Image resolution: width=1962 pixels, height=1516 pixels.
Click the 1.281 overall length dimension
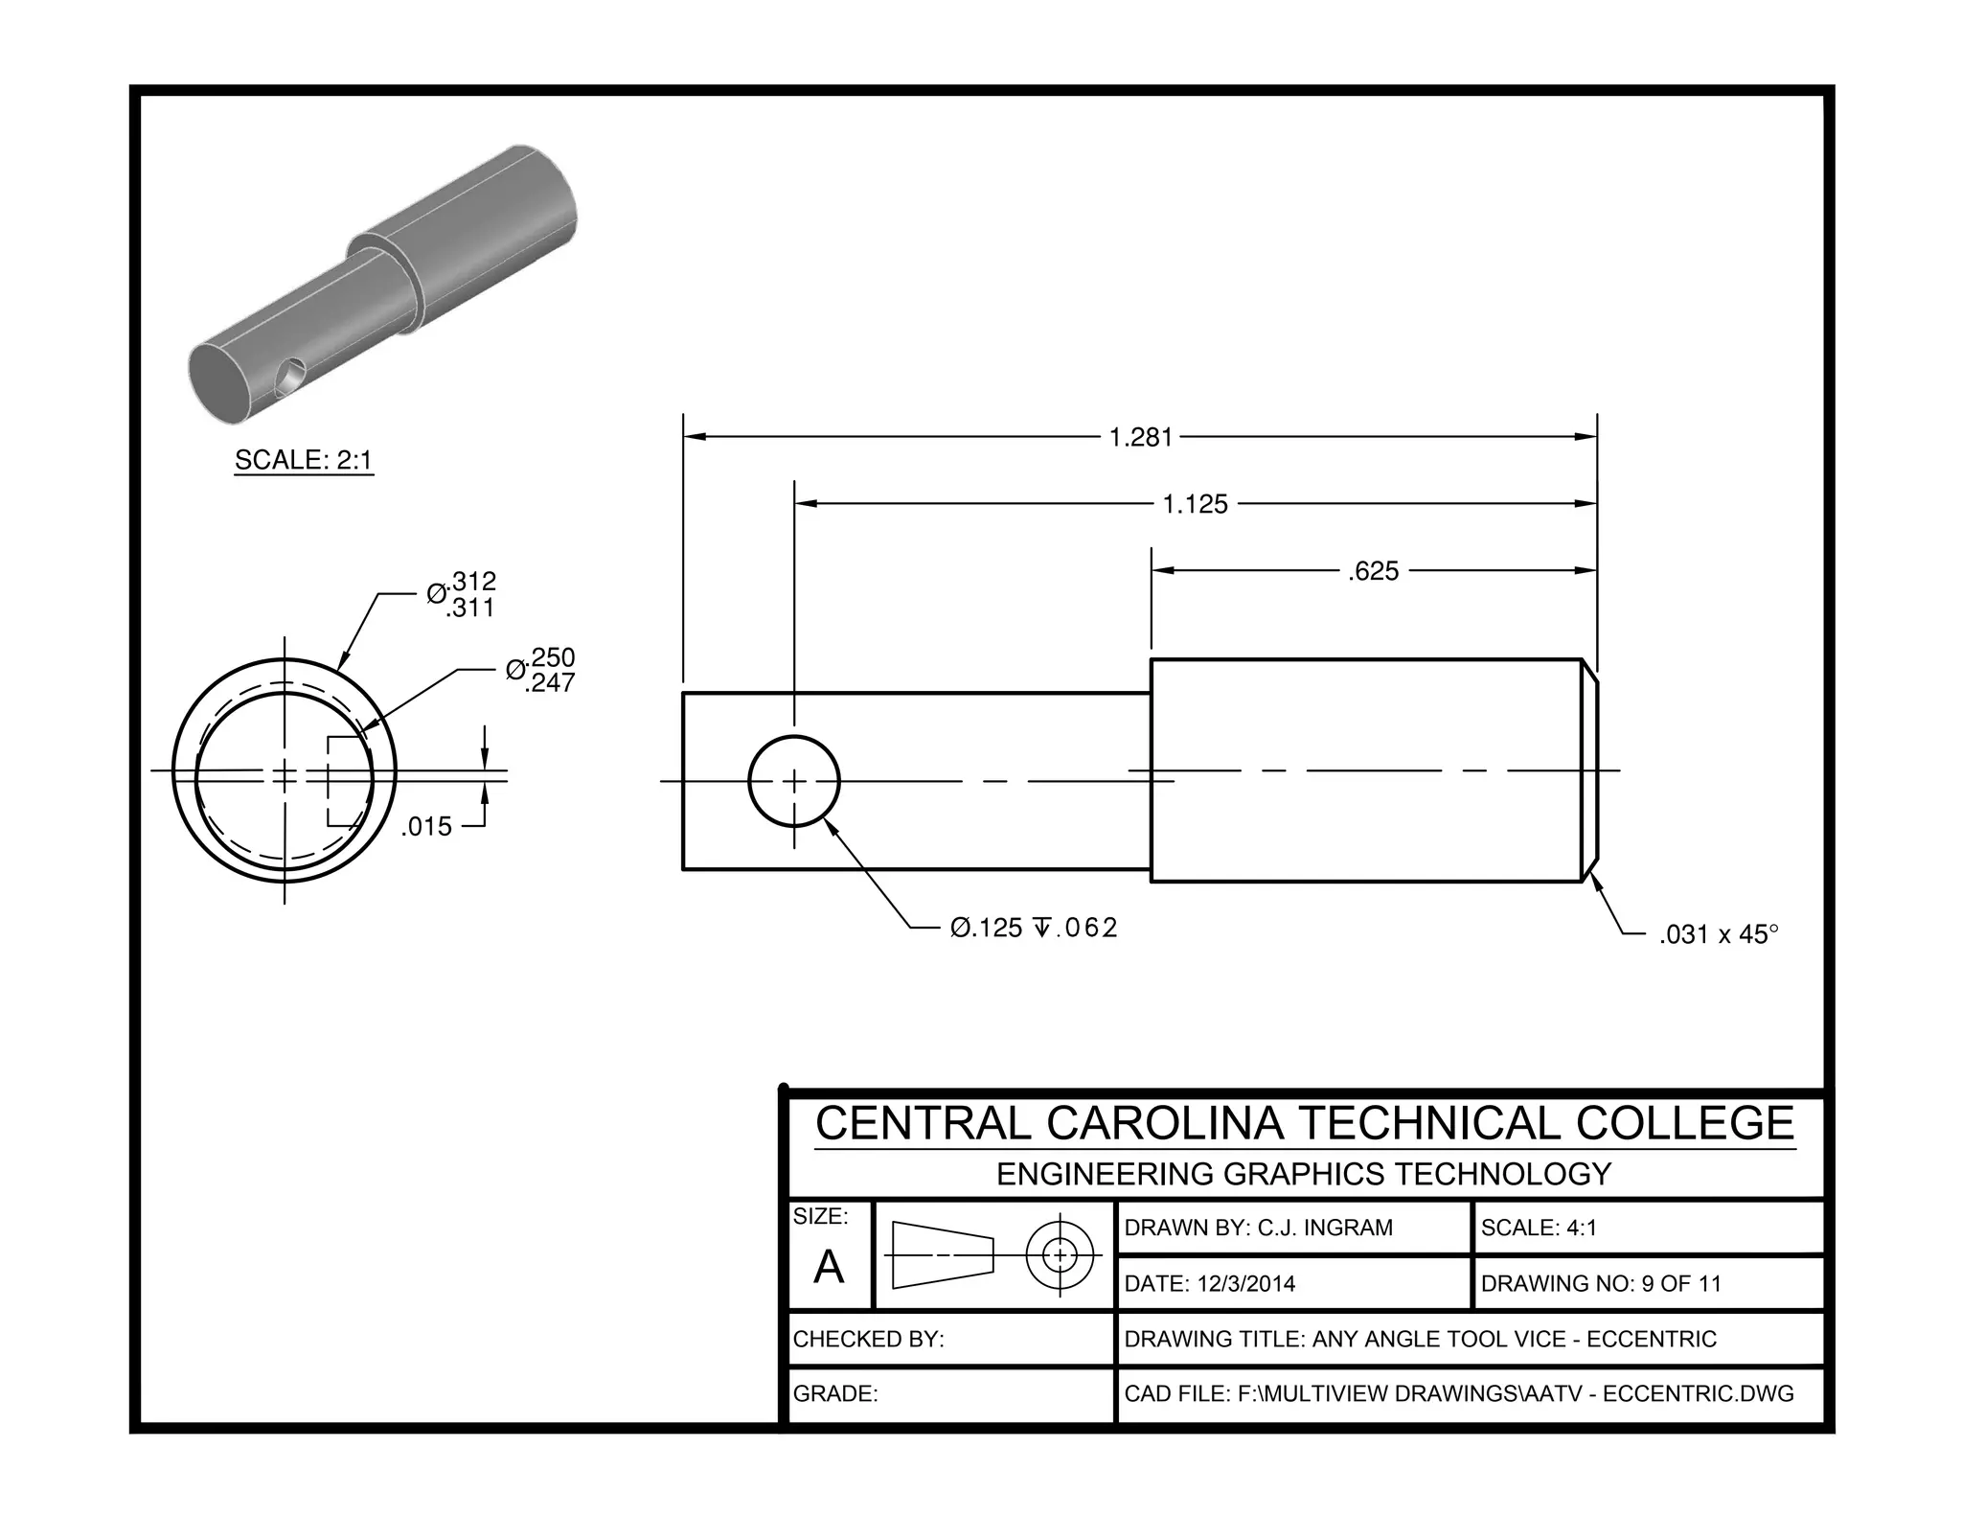(x=1140, y=438)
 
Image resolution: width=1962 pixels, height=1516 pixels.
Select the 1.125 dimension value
(x=1195, y=505)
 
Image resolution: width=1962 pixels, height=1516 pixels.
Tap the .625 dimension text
(x=1373, y=572)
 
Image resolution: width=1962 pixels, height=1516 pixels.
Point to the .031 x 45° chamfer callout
(x=1718, y=934)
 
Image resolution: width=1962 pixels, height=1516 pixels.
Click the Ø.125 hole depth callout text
(x=1034, y=929)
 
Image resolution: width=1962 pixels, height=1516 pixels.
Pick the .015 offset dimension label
(x=426, y=827)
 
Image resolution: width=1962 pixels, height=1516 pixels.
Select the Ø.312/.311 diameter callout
(x=463, y=594)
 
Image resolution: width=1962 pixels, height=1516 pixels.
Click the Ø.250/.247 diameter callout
(x=542, y=670)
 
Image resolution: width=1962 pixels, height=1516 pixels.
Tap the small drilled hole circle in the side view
(x=794, y=781)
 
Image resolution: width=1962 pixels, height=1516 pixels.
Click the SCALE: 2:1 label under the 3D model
(x=304, y=461)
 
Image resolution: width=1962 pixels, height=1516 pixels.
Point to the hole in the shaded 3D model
(x=289, y=378)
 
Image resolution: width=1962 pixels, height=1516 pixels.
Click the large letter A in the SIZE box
(x=829, y=1267)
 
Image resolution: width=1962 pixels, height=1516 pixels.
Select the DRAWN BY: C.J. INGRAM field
(x=1258, y=1229)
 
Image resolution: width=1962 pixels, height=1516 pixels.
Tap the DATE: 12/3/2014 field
(x=1209, y=1284)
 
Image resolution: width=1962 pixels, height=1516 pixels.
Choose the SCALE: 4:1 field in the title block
(x=1539, y=1229)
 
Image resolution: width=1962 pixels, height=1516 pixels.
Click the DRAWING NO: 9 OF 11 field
(x=1601, y=1284)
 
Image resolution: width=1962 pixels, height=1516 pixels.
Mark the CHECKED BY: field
(x=868, y=1340)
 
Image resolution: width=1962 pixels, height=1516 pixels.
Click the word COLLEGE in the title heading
(x=1685, y=1124)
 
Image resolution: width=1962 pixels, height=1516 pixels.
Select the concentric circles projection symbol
(x=1060, y=1254)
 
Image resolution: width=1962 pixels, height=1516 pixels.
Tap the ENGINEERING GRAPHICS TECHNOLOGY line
(x=1304, y=1175)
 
